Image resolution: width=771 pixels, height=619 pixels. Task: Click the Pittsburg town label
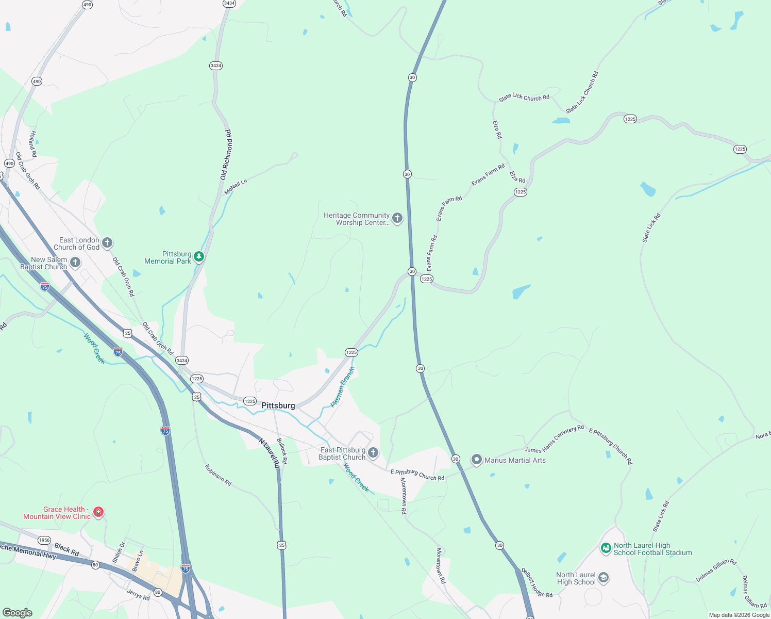pos(278,405)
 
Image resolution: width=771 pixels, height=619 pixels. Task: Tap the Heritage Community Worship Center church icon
pos(397,218)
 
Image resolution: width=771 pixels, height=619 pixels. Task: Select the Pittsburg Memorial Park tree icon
pos(199,257)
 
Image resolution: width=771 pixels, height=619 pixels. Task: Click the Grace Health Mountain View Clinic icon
pos(98,512)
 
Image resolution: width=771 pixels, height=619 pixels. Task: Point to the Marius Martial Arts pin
pos(477,460)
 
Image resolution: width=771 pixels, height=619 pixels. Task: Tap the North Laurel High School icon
pos(604,578)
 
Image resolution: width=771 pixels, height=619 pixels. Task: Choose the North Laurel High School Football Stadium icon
pos(606,548)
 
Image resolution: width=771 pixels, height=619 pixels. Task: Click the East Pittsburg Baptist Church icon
pos(373,453)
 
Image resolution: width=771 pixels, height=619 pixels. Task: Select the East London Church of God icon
pos(107,242)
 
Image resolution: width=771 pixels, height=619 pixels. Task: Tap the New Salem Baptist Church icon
pos(75,263)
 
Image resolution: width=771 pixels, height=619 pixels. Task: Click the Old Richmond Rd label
pos(226,155)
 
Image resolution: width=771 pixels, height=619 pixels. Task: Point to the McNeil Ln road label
pos(236,187)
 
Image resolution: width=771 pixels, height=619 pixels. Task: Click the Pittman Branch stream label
pos(343,387)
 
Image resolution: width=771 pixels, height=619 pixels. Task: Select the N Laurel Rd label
pos(270,453)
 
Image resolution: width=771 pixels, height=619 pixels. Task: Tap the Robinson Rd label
pos(218,475)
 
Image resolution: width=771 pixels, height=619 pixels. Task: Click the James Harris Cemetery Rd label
pos(554,439)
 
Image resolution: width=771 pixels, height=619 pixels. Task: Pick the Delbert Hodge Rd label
pos(537,583)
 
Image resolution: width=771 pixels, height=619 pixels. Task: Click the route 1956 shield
pos(44,540)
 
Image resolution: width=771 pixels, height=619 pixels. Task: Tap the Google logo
pos(18,613)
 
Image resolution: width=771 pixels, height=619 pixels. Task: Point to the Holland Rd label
pos(33,144)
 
